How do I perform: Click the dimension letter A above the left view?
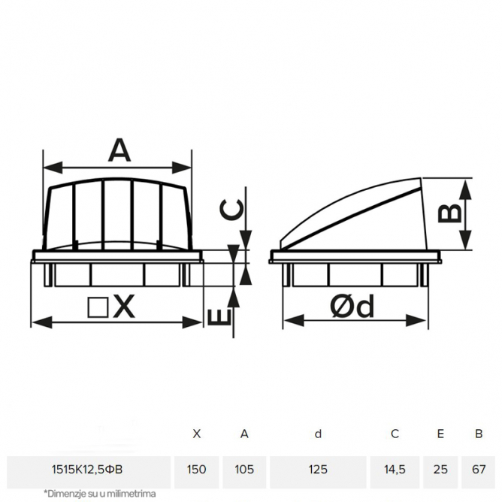pyautogui.click(x=119, y=150)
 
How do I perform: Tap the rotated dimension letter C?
pyautogui.click(x=231, y=210)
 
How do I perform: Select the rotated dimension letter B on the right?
pyautogui.click(x=450, y=213)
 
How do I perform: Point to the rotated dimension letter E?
pyautogui.click(x=219, y=317)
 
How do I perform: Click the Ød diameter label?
pyautogui.click(x=352, y=306)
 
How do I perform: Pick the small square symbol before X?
pyautogui.click(x=98, y=307)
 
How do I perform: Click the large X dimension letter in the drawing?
pyautogui.click(x=123, y=307)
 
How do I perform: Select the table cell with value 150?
pyautogui.click(x=196, y=470)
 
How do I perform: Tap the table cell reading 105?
pyautogui.click(x=244, y=470)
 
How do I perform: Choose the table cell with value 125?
pyautogui.click(x=318, y=470)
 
